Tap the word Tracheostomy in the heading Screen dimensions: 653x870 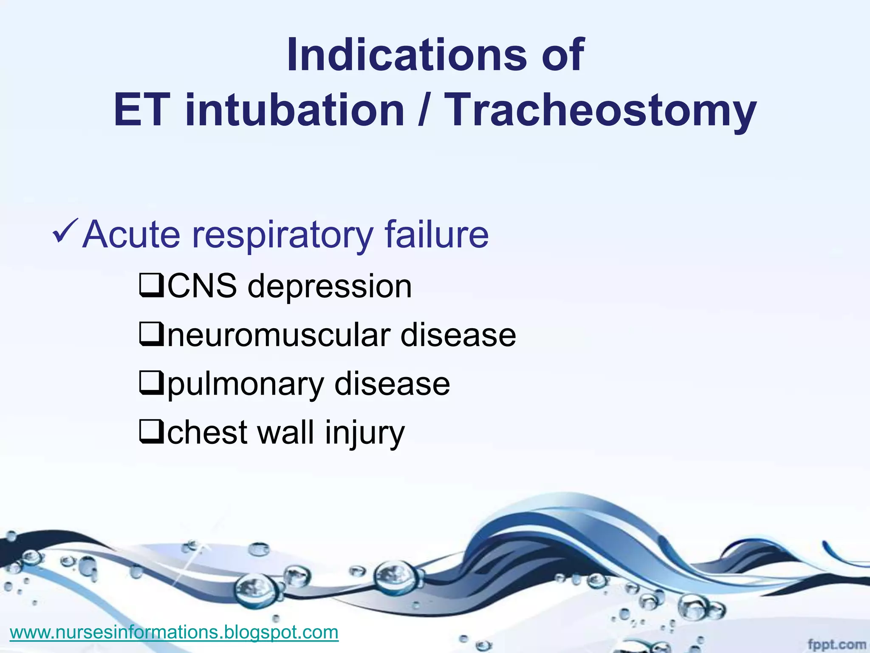pos(602,111)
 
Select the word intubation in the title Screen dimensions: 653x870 pos(295,111)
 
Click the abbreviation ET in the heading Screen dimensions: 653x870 pos(142,111)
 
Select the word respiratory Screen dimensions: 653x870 pos(282,235)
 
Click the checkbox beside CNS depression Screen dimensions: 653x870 pos(151,286)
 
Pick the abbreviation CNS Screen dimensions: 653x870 pos(202,286)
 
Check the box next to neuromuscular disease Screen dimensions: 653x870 pos(151,335)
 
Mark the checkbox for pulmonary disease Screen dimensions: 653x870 pos(151,383)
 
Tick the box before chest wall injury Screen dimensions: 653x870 pos(151,432)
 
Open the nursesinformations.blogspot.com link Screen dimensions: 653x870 pos(174,632)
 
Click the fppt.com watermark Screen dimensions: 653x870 pos(836,644)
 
